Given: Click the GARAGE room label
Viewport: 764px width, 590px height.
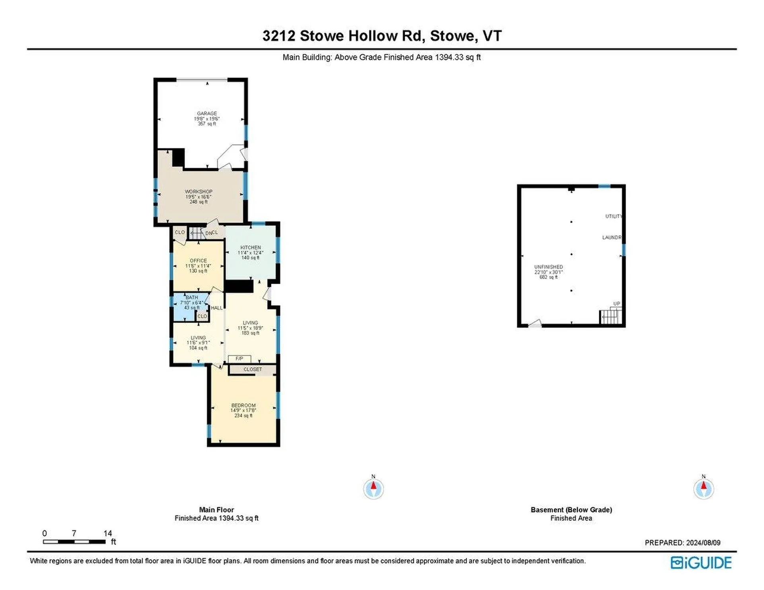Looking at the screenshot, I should pos(207,113).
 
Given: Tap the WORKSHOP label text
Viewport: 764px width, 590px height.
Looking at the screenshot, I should pos(198,191).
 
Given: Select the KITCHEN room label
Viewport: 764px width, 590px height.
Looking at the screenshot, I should pos(250,247).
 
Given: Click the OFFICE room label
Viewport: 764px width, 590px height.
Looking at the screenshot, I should pos(198,261).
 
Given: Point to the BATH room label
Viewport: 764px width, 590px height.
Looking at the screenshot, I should pos(191,298).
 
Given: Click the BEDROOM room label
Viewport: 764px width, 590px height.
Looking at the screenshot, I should pos(243,405).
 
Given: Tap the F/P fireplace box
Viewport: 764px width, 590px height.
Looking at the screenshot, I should pos(239,359).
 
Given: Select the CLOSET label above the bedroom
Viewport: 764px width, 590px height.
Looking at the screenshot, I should pos(252,370).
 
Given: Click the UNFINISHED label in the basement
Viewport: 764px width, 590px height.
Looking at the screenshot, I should pos(548,267).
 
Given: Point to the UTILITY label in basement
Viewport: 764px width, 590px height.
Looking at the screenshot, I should pos(613,216).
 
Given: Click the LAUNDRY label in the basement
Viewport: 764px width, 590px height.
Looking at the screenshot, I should pos(611,238).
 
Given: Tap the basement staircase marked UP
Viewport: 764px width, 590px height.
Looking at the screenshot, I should pos(611,317).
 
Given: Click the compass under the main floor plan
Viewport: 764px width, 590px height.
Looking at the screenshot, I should pos(373,489).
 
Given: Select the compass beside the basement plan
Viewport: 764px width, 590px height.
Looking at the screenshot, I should pos(704,489).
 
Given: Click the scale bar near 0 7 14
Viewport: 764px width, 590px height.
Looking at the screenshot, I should pos(74,541).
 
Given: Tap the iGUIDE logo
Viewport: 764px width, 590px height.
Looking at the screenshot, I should pos(701,563).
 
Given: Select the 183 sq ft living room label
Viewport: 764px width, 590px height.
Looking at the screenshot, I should pos(250,328).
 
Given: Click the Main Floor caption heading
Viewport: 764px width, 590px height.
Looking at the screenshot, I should pos(216,510).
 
